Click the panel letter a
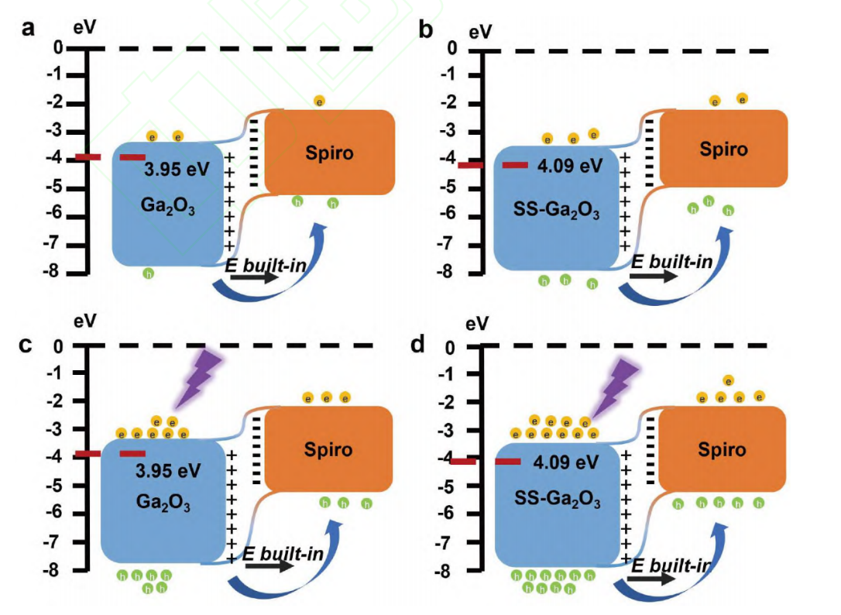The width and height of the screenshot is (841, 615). (29, 27)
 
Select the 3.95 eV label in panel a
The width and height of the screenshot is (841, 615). (177, 170)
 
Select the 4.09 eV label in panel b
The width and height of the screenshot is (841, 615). (570, 165)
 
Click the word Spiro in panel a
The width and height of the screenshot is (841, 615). (329, 153)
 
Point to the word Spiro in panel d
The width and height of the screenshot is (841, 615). (722, 449)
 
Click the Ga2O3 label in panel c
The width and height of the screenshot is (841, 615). (163, 503)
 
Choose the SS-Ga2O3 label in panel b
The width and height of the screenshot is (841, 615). (556, 209)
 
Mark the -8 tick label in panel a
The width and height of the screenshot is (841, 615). (53, 272)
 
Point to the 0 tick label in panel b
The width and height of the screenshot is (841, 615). (452, 48)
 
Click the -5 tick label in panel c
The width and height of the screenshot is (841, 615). (53, 485)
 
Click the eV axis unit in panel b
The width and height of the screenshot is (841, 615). (480, 33)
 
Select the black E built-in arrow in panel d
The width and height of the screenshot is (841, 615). (651, 578)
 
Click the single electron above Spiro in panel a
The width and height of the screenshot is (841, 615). (319, 101)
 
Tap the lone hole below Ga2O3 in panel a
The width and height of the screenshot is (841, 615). (148, 273)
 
